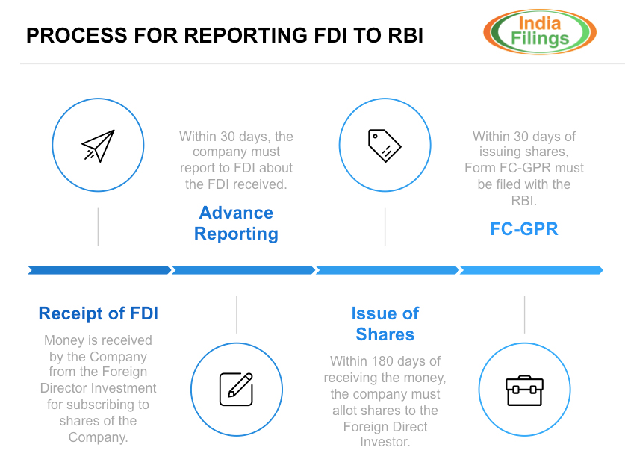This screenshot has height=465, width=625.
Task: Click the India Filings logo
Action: [539, 32]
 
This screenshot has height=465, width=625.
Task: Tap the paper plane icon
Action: [98, 146]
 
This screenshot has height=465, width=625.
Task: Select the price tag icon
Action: [385, 146]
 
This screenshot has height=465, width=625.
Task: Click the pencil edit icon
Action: [236, 389]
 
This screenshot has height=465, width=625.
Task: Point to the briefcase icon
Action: [524, 390]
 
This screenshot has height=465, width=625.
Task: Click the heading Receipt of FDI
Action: [99, 314]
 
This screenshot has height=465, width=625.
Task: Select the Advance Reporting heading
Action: [236, 223]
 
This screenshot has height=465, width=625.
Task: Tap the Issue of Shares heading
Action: [385, 323]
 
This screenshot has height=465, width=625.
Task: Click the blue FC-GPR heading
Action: [524, 229]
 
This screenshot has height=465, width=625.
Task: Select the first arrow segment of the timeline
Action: [99, 270]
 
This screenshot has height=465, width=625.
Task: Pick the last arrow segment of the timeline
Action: [530, 270]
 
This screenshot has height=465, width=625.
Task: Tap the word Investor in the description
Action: [385, 443]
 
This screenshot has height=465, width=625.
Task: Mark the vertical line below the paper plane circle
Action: [98, 227]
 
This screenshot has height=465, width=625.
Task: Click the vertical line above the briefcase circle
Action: [524, 314]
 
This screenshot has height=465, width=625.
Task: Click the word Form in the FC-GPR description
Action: [480, 168]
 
